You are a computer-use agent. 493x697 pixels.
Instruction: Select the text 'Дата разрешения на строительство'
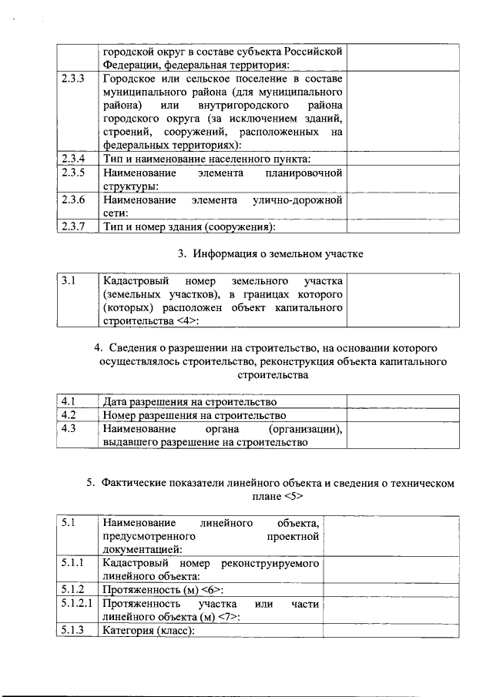(189, 401)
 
